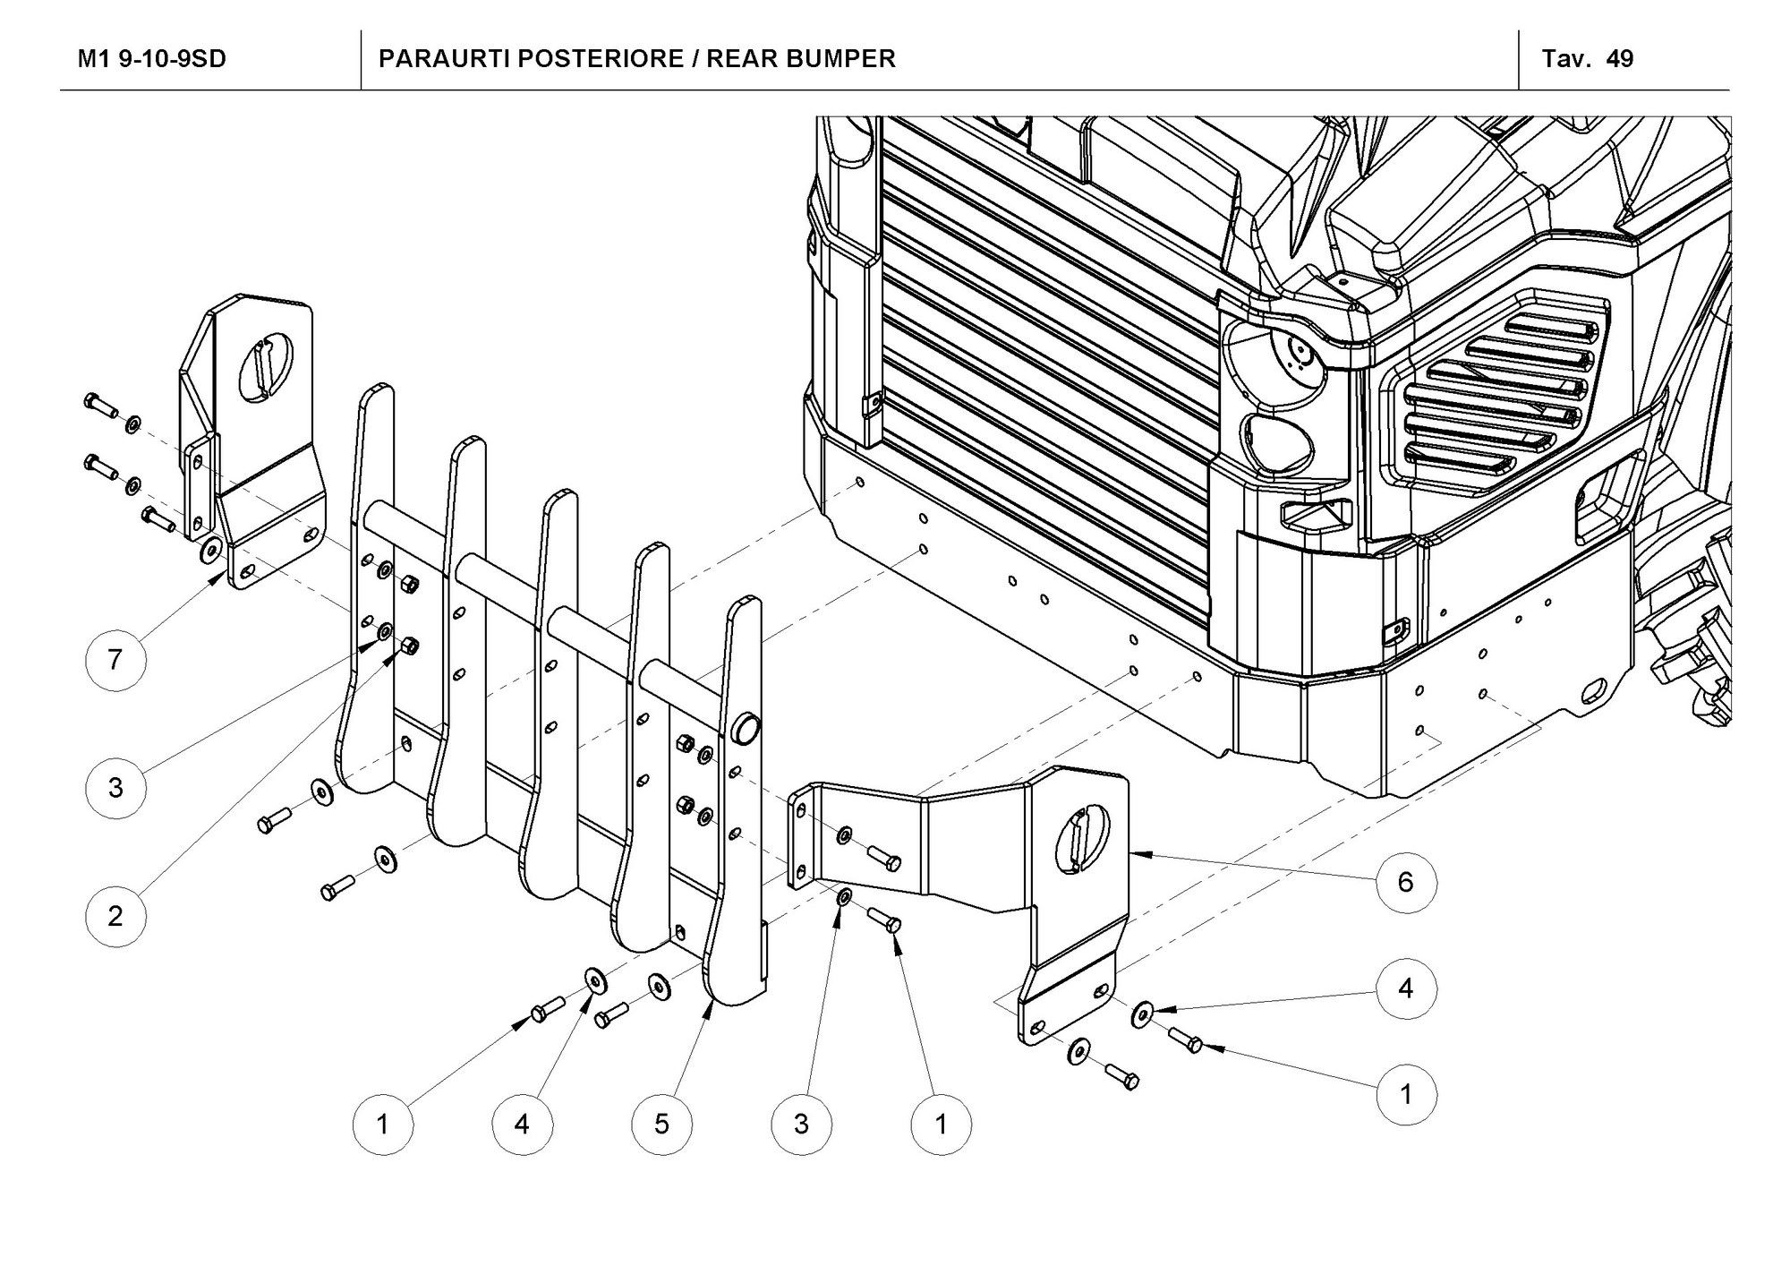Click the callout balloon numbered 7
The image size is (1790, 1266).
[115, 660]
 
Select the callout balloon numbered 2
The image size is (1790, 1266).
[115, 915]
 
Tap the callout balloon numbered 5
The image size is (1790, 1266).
[661, 1123]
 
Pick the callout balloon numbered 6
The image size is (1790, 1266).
[1405, 882]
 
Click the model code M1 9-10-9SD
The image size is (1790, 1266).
[152, 59]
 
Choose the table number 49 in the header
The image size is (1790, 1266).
[1620, 59]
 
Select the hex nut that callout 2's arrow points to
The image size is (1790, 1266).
[411, 645]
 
